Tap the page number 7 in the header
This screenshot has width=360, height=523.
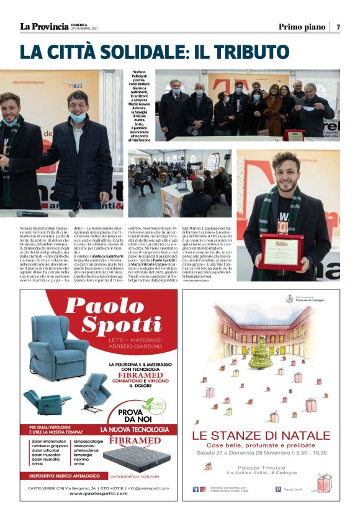[338, 27]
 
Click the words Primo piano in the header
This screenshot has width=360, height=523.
[302, 27]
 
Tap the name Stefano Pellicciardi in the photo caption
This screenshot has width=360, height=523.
[140, 75]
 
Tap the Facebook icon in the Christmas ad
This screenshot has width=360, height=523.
[194, 489]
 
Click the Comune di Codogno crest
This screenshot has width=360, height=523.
[289, 299]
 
